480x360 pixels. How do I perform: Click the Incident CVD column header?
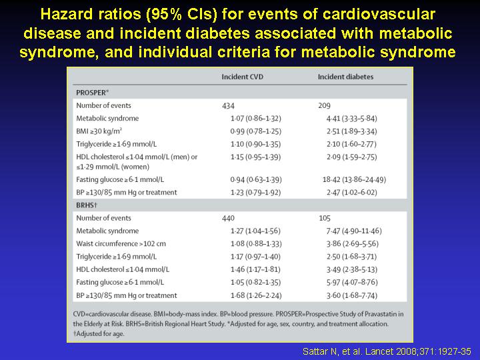point(243,77)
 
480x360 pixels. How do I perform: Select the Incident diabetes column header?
point(345,77)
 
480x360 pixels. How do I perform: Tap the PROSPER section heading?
point(92,93)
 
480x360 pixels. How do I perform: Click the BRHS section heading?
point(87,205)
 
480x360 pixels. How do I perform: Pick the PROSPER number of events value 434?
point(229,106)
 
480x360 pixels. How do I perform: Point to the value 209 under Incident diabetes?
point(325,105)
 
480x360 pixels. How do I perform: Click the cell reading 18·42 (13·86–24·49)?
point(354,179)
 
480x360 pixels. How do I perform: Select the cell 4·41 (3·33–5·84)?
point(352,119)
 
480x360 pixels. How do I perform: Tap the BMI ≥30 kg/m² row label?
point(99,131)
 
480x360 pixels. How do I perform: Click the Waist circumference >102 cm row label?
point(121,244)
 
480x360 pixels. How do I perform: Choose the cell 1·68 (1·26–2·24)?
point(256,295)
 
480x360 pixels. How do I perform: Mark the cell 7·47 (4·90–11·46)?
point(354,231)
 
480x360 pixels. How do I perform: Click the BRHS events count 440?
point(229,218)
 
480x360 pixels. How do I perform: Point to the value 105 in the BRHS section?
point(325,218)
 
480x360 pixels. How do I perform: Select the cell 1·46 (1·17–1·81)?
point(255,269)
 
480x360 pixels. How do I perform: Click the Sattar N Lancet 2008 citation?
point(387,351)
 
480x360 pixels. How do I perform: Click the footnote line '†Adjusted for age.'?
point(99,334)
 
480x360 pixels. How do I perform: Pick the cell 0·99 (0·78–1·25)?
point(256,131)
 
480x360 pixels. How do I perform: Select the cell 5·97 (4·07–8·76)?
point(352,282)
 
